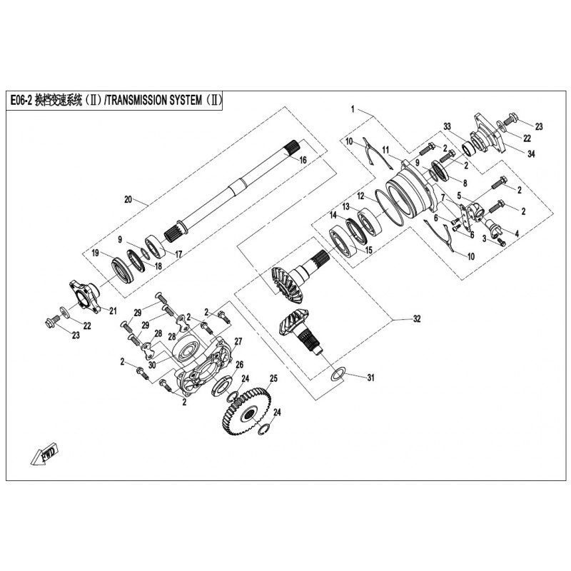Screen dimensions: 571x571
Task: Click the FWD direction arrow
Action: (x=44, y=455)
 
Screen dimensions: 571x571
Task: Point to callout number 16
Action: (x=303, y=161)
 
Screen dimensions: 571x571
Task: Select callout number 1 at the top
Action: (x=353, y=109)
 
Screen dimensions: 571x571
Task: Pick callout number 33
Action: (x=448, y=126)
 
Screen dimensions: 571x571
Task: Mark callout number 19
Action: (x=94, y=253)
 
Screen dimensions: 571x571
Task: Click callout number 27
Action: (x=238, y=340)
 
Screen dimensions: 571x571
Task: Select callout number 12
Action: (x=361, y=196)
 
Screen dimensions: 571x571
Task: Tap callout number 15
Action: (x=369, y=250)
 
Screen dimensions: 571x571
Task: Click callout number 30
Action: (x=152, y=363)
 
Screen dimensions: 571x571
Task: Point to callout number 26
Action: (x=240, y=364)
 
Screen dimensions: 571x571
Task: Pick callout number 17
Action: (x=178, y=253)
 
